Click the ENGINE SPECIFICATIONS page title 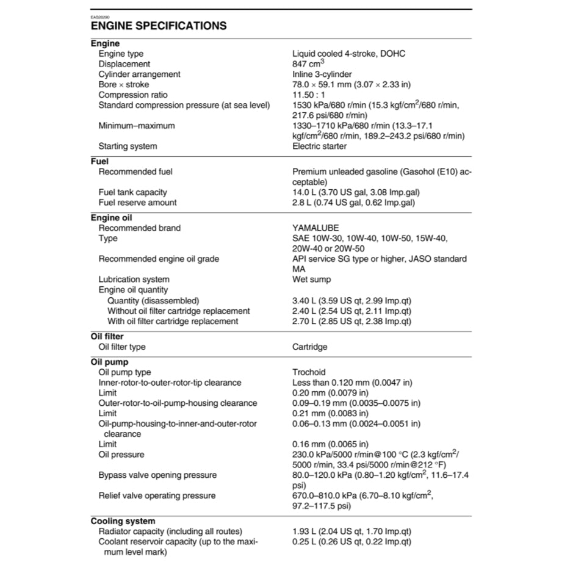(x=159, y=26)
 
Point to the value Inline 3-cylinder (x=322, y=74)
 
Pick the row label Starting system (x=128, y=146)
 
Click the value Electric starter (x=320, y=146)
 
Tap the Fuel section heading (x=99, y=162)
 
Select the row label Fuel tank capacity (x=133, y=192)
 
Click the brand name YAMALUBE (x=315, y=228)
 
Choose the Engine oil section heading (x=112, y=218)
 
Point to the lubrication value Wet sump (x=312, y=279)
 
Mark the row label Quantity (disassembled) (x=153, y=300)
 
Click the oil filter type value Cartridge (x=310, y=347)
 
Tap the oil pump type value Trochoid (x=309, y=372)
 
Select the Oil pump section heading (x=109, y=362)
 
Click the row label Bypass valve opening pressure (x=157, y=475)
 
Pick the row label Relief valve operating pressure (x=157, y=495)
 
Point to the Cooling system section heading (x=123, y=521)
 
